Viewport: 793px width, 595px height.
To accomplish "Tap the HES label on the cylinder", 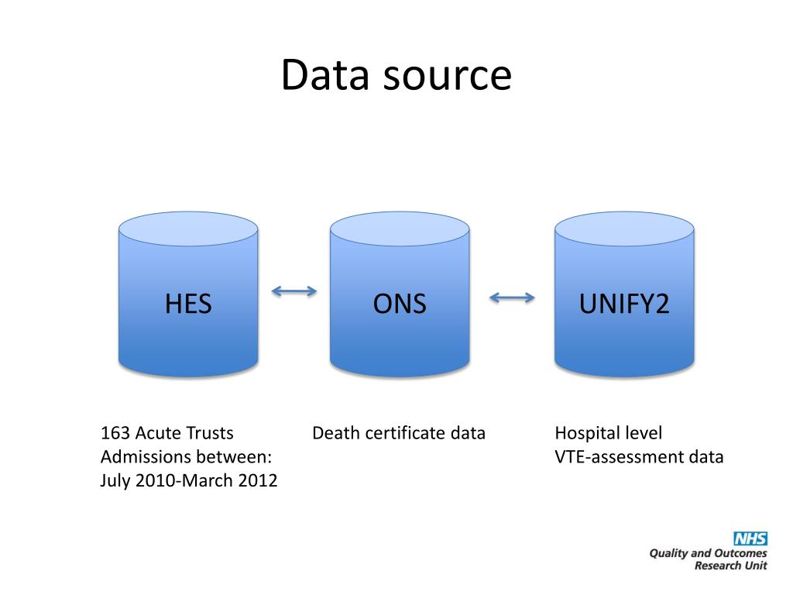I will tap(188, 303).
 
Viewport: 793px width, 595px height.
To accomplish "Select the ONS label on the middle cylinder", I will tap(400, 303).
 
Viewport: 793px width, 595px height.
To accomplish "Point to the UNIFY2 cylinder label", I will tap(624, 303).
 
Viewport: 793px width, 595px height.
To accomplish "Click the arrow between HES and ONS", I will tap(294, 291).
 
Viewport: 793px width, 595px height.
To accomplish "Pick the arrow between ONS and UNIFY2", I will tap(513, 296).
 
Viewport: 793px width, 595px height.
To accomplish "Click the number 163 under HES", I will tap(115, 433).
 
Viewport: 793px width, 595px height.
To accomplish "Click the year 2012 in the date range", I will tap(258, 480).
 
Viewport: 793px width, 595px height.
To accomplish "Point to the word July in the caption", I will tap(116, 480).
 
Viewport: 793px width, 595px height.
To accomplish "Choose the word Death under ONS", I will tap(334, 433).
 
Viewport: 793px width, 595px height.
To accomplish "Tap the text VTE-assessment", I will tap(618, 456).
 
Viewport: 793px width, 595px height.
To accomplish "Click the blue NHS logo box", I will tap(750, 539).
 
